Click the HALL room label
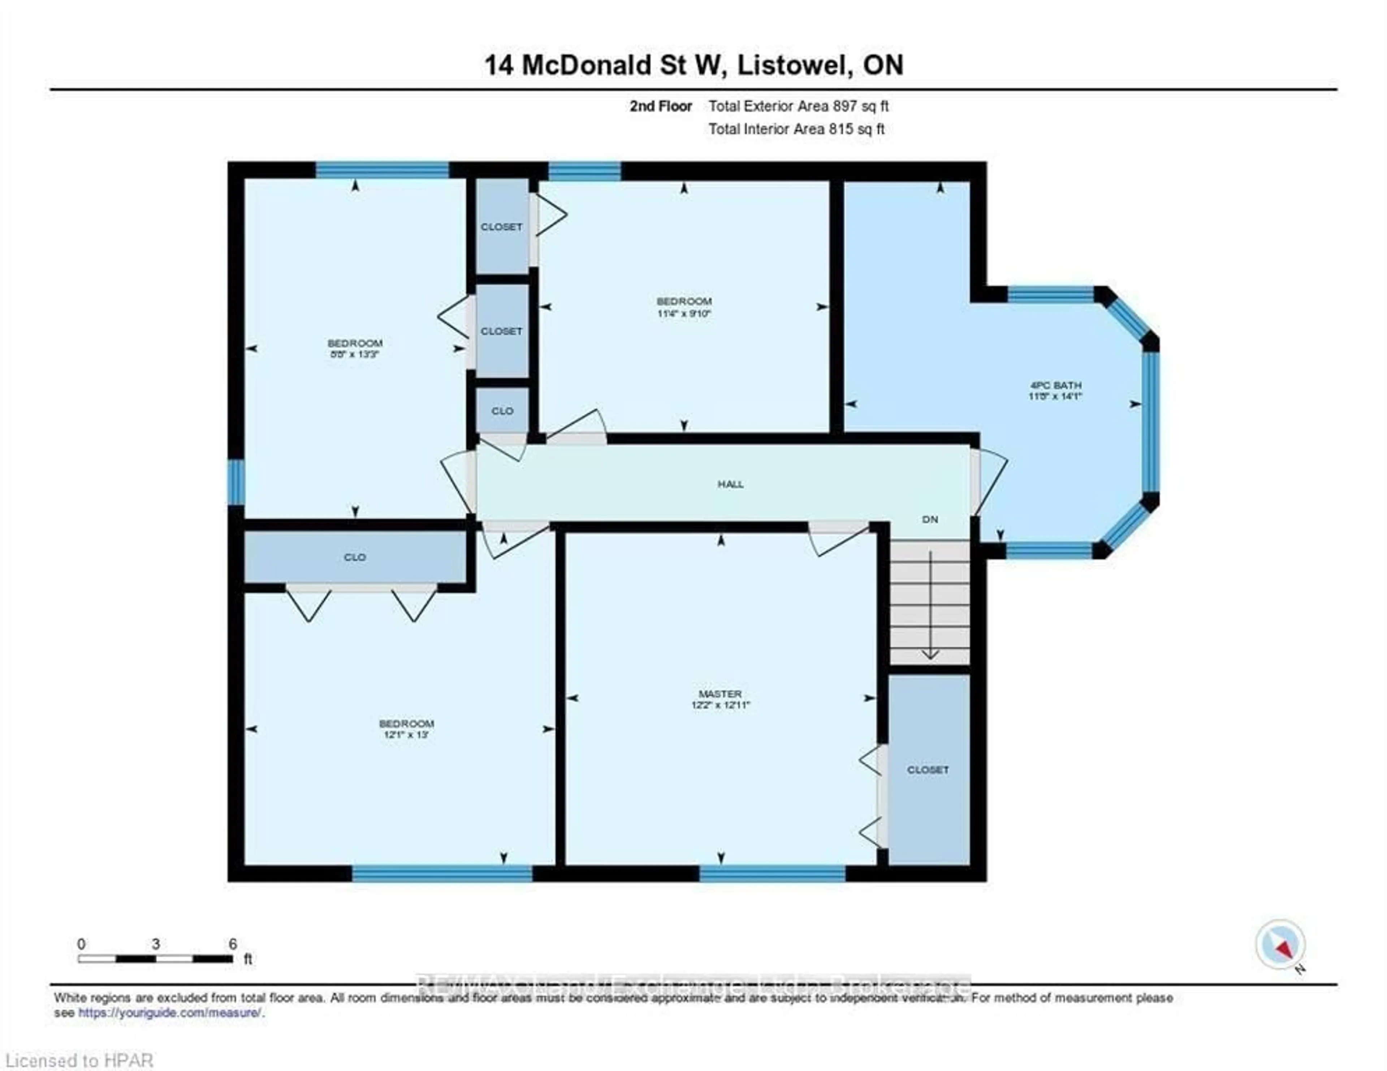pos(730,484)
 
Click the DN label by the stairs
pos(930,519)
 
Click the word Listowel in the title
pos(794,65)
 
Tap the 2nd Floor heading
pos(661,106)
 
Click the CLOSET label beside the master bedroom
pos(928,770)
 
